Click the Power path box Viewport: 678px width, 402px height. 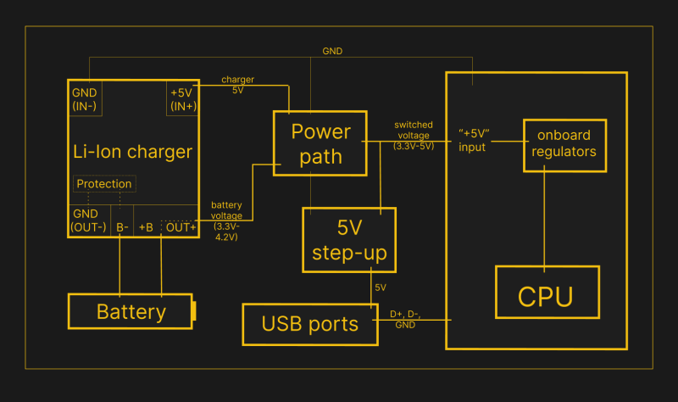pos(320,143)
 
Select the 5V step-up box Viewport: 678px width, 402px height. pos(349,240)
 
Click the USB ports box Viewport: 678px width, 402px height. pos(309,324)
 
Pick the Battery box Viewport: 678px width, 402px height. pos(131,311)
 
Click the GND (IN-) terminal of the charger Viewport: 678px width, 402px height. pos(86,99)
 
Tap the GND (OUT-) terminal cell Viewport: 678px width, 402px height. pos(89,221)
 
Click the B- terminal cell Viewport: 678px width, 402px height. pos(122,227)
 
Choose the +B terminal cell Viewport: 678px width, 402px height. pos(146,227)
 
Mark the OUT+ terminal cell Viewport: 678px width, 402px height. pos(180,227)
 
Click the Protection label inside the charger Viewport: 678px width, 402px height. pos(104,184)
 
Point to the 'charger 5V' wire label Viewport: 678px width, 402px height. pos(238,84)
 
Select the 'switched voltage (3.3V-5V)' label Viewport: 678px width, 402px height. pos(414,135)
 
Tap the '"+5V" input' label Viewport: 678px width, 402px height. pos(472,140)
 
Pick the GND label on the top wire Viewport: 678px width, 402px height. pos(332,51)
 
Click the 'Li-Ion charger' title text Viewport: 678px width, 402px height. pos(132,153)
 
